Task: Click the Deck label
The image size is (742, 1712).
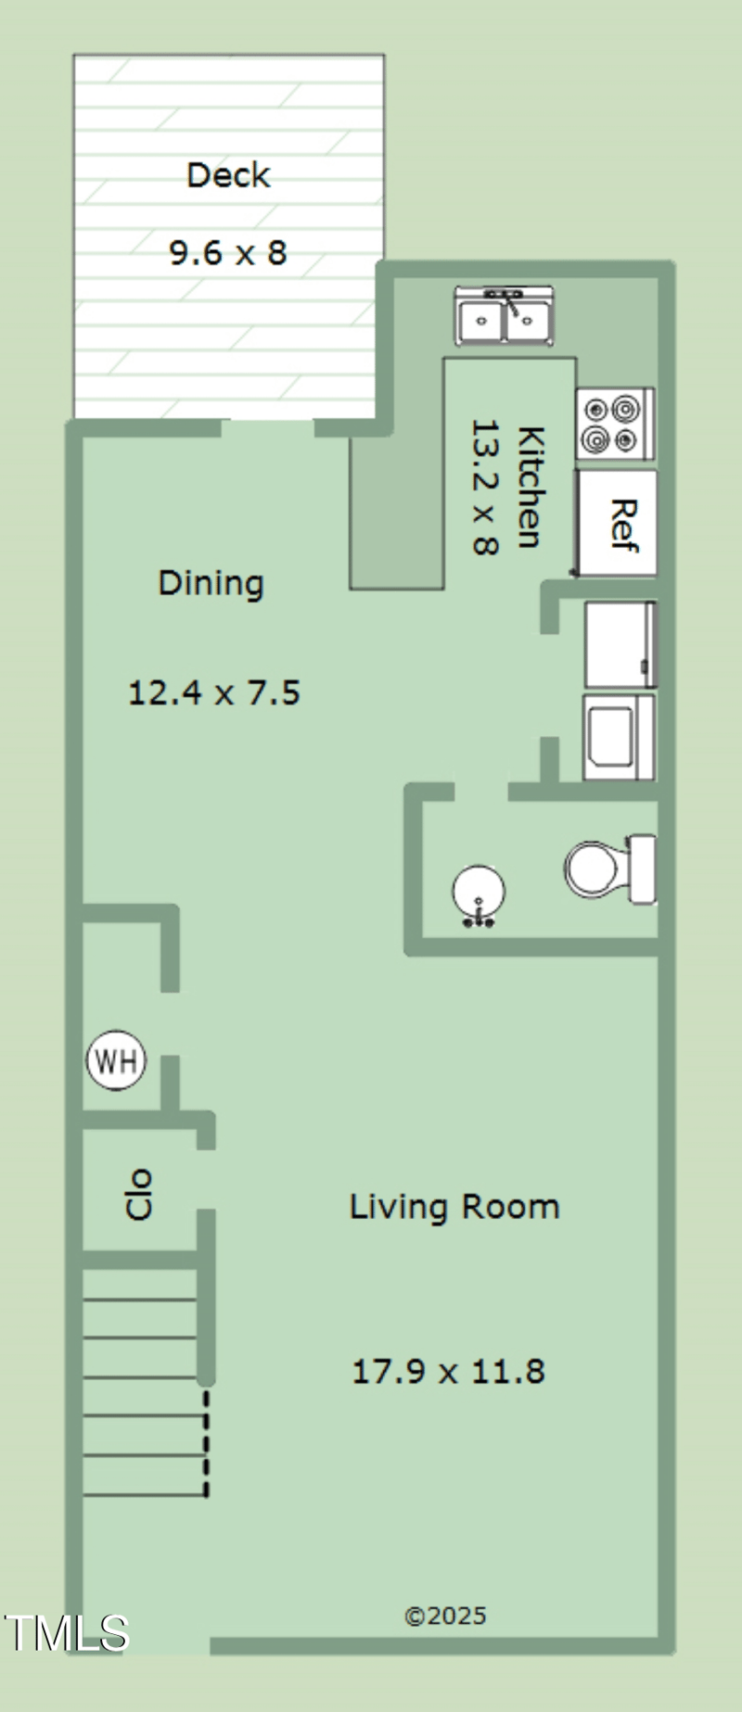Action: click(228, 175)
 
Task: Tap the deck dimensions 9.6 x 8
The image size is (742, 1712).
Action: click(228, 252)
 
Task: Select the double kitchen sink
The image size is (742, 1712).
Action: click(504, 316)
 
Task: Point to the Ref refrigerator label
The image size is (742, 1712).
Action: click(623, 526)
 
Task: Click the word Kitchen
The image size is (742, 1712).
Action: click(530, 487)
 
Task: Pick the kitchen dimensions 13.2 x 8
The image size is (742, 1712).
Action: click(486, 487)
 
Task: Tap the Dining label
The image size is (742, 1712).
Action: click(211, 583)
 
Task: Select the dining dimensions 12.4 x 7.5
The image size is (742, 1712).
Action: click(214, 692)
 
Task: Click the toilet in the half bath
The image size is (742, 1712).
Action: click(610, 869)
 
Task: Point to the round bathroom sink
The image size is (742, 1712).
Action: click(479, 894)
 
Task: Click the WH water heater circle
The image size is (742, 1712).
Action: click(116, 1060)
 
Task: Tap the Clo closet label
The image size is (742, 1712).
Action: click(138, 1194)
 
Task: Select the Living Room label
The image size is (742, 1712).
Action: click(454, 1207)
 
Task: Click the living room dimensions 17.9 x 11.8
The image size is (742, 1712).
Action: click(448, 1371)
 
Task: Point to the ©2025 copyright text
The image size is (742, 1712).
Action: click(445, 1616)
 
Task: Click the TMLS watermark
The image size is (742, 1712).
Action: click(67, 1633)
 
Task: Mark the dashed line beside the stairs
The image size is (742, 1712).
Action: click(206, 1443)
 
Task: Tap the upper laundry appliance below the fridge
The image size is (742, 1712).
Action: click(620, 644)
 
